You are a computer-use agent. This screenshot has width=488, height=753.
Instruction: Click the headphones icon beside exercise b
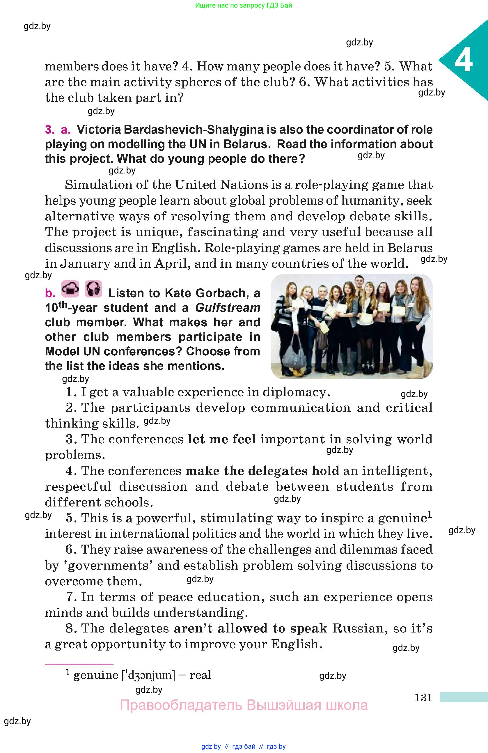click(93, 288)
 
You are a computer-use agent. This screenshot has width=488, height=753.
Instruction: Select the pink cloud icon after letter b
click(70, 288)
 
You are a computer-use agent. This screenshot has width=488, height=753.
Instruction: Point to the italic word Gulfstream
click(228, 308)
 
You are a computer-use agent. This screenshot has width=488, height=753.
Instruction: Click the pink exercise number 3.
click(50, 130)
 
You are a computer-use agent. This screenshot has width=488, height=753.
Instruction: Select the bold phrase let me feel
click(222, 439)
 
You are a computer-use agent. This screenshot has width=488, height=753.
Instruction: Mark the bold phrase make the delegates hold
click(262, 471)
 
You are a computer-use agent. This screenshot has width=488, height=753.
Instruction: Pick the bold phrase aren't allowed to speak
click(251, 628)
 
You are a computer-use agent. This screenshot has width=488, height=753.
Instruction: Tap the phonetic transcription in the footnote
click(148, 675)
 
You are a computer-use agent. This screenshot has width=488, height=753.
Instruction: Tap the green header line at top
click(244, 5)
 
